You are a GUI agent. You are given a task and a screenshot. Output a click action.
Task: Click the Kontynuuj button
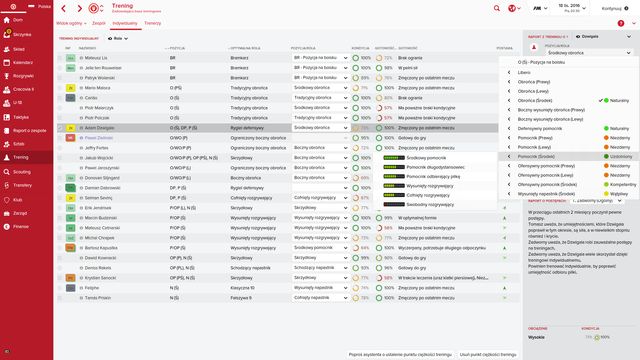pyautogui.click(x=610, y=10)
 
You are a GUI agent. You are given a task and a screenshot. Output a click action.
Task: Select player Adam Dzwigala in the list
pyautogui.click(x=100, y=128)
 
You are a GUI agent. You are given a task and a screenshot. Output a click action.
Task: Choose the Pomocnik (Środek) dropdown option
pyautogui.click(x=540, y=157)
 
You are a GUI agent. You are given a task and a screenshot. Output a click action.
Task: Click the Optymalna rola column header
pyautogui.click(x=248, y=48)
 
